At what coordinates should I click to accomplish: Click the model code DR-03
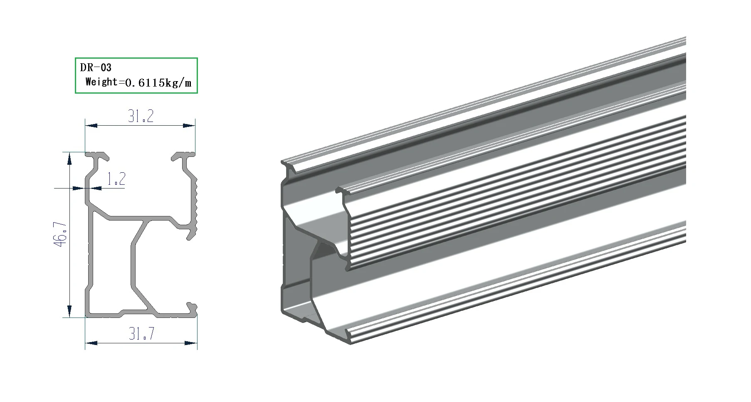[96, 67]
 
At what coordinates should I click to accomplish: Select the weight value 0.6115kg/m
[158, 82]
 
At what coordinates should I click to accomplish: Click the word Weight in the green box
[101, 82]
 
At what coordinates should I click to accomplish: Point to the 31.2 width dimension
[141, 116]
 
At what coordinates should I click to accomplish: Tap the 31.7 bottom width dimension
[141, 334]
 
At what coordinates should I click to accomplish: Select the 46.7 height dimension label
[61, 234]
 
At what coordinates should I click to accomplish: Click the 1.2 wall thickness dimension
[116, 179]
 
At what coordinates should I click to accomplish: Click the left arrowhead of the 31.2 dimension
[91, 125]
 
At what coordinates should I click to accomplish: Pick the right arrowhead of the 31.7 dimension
[191, 343]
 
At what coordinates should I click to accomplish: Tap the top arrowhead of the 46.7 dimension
[69, 158]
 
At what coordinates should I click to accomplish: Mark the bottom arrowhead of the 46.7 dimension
[69, 311]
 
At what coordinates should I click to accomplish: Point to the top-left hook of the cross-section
[98, 156]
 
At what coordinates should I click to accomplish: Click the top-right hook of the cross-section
[183, 156]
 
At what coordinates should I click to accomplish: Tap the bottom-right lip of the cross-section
[192, 308]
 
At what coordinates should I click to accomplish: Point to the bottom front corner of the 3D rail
[349, 342]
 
